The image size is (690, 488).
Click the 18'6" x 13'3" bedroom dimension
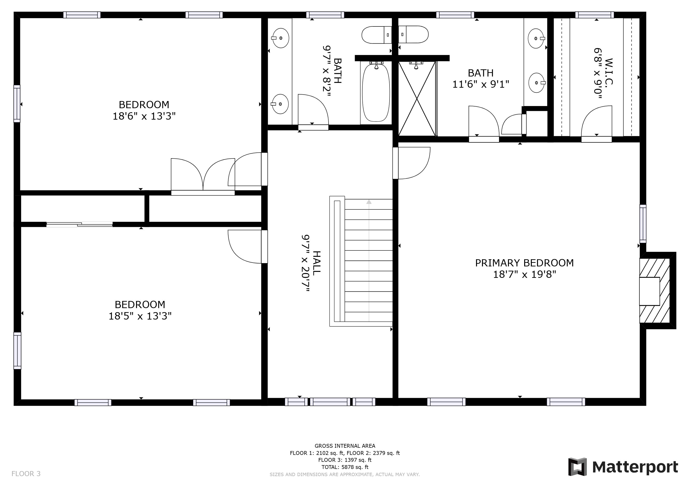coord(144,116)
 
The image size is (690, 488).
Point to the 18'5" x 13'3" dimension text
coord(140,316)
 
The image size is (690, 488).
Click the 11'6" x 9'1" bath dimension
coord(481,84)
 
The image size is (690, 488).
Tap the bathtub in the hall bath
coord(376,92)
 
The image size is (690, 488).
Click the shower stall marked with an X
coord(417,99)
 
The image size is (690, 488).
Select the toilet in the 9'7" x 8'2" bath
coord(377,35)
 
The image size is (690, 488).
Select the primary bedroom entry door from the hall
coord(411,163)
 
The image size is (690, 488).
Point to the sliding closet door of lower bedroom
coord(80,224)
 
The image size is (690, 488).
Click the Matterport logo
coord(623,467)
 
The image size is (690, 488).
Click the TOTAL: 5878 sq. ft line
coord(345,467)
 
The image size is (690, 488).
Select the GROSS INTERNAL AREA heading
coord(345,446)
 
